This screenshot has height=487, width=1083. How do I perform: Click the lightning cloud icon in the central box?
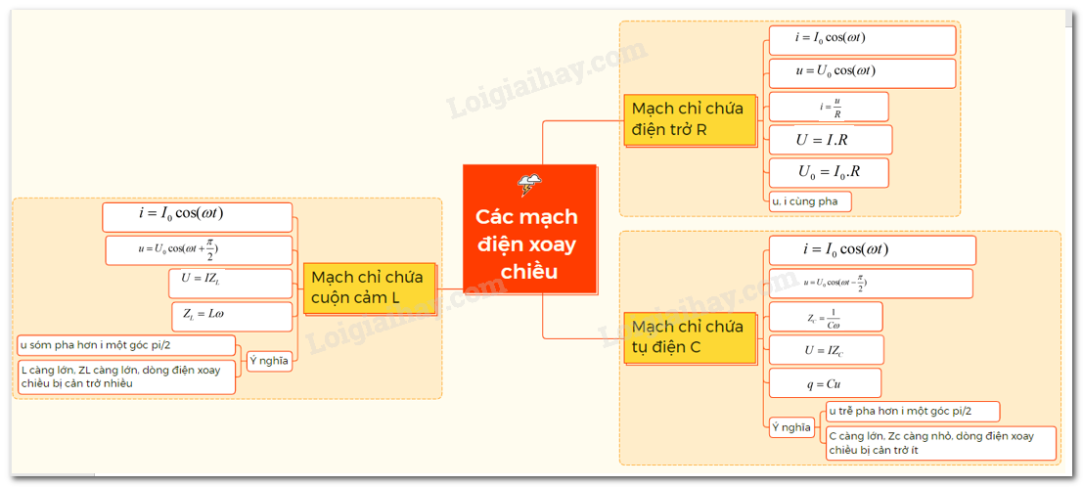coord(531,184)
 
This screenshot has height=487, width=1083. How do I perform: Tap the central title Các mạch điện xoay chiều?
coord(527,243)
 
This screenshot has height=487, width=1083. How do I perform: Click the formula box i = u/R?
coord(829,107)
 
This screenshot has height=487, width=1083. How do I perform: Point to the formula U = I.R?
coord(830,140)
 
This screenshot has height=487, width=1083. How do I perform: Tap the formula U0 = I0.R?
coord(829,173)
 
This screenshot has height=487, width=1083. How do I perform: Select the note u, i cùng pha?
coord(810,201)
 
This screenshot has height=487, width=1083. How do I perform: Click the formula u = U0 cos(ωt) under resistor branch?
coord(862,73)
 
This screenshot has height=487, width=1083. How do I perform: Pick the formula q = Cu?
coord(825,382)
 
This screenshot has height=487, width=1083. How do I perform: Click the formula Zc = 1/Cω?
coord(826,317)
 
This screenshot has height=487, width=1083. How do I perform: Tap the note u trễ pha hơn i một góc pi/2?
coord(911,411)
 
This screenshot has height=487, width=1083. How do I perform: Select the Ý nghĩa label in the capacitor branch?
coord(791,427)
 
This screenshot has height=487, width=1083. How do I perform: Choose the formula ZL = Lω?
coord(231,316)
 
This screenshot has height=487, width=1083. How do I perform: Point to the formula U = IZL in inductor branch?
coord(230,283)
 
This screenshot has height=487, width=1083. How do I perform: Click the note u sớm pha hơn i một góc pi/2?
coord(126,345)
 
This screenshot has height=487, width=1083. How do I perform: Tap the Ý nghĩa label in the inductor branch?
coord(269,361)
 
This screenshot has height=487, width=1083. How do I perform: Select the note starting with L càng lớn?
coord(126,376)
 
